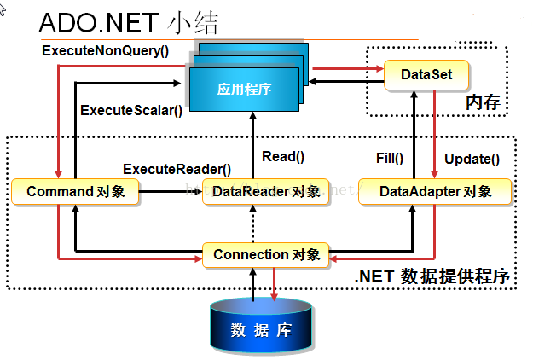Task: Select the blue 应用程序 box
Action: tap(244, 88)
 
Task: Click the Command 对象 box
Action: tap(76, 192)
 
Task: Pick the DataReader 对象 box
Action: tap(264, 192)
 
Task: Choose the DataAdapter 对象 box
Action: tap(435, 192)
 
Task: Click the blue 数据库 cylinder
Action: tap(262, 328)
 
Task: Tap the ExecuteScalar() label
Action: tap(131, 110)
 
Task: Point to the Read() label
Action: tap(283, 156)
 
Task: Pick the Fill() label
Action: tap(390, 158)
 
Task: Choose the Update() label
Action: tap(472, 158)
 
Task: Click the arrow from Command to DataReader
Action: tap(171, 192)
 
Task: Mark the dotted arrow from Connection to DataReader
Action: tap(252, 224)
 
